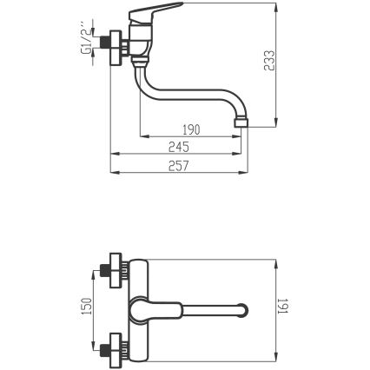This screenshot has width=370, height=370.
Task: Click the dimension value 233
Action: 269,60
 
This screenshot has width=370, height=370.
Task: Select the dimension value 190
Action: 191,129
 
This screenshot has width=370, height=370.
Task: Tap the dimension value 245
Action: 179,147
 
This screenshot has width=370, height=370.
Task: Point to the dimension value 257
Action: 179,166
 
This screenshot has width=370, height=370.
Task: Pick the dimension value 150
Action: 86,306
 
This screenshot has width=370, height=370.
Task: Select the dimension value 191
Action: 282,306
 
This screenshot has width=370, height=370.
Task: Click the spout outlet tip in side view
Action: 241,122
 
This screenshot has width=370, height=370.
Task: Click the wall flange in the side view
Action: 116,48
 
